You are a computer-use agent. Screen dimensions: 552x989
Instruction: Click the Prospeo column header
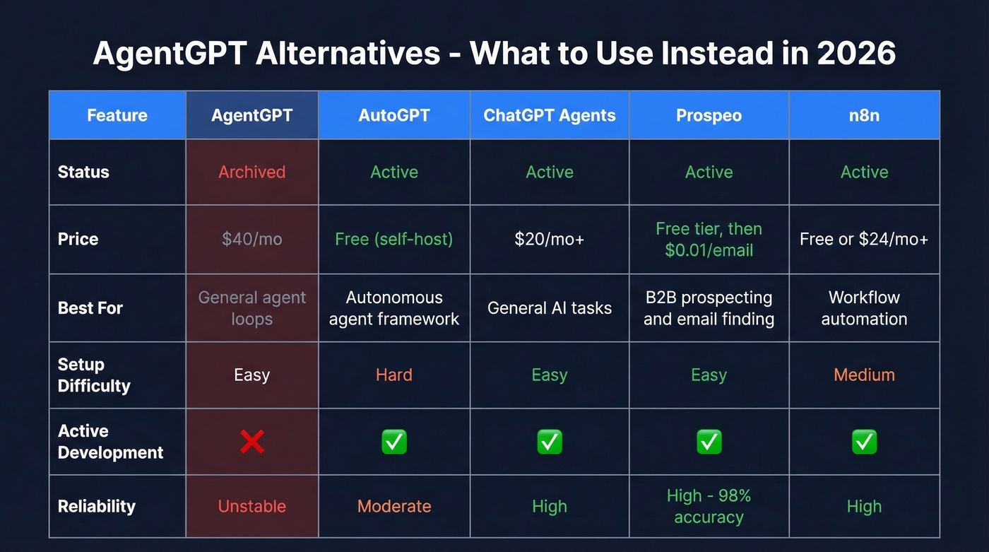[709, 115]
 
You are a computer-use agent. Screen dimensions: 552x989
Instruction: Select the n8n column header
[864, 115]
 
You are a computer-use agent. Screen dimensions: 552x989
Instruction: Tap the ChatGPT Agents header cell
[550, 115]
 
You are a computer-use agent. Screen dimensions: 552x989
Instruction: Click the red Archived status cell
[252, 172]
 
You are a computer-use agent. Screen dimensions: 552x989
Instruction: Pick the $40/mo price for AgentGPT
[252, 239]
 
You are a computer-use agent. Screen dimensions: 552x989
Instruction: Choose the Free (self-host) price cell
[394, 239]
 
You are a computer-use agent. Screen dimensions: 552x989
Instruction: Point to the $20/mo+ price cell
[550, 239]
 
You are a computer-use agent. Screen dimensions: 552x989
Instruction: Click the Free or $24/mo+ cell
[864, 239]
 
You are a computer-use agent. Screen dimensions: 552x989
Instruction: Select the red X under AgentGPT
[252, 442]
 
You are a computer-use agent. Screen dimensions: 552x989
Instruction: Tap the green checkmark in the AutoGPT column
[394, 442]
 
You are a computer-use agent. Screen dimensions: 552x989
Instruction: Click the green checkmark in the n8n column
[864, 442]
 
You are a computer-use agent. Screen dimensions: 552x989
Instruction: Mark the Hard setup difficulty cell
[394, 375]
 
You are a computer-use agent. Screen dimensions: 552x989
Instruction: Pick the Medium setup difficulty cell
[864, 375]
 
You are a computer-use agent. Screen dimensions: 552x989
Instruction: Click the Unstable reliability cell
[252, 506]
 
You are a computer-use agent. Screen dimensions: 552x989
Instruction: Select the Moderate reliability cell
[394, 506]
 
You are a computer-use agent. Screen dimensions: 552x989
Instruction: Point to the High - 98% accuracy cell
[709, 506]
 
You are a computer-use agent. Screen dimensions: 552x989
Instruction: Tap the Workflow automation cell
[864, 307]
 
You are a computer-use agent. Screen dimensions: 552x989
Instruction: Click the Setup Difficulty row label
[94, 375]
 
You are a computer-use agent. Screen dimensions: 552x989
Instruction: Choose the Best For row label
[90, 307]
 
